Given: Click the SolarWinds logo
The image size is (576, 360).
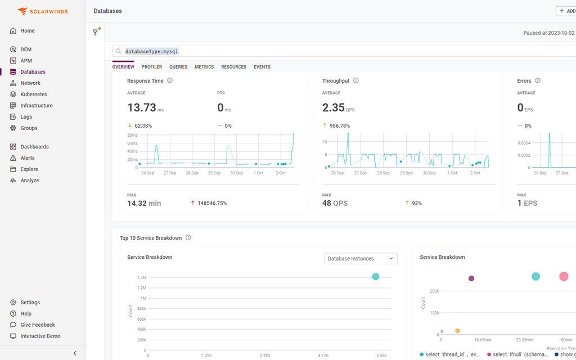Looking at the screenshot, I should (x=42, y=11).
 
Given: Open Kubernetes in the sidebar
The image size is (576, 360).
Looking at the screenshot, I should (x=34, y=94).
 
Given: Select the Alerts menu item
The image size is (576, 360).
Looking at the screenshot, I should (x=28, y=158).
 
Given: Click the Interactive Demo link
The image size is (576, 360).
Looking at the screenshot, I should (x=40, y=336).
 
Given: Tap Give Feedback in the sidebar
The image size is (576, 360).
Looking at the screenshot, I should (x=38, y=325).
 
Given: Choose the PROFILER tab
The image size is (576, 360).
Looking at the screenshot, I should (x=152, y=67).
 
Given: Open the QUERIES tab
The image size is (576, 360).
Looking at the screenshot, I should (x=178, y=67).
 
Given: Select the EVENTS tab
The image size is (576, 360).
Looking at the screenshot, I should (x=262, y=67).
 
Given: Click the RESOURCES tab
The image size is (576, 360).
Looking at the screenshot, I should (x=233, y=67).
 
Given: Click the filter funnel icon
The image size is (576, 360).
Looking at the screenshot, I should (x=96, y=33).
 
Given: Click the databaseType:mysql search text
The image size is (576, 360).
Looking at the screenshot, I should (x=151, y=51).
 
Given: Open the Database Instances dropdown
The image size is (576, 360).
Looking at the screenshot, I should (x=361, y=259).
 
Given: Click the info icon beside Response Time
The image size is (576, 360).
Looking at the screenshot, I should (x=170, y=80).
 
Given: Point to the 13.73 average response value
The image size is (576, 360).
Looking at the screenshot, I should (x=141, y=107).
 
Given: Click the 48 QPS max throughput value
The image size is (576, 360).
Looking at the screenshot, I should (x=335, y=203).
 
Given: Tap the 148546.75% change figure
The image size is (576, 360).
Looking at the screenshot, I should (x=212, y=203).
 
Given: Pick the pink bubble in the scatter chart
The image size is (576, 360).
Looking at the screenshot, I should (x=564, y=276).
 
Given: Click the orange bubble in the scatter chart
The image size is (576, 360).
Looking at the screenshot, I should (x=457, y=331).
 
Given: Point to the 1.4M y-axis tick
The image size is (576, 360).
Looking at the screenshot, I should (x=141, y=278).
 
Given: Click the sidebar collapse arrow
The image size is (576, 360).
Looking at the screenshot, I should (x=75, y=353).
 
